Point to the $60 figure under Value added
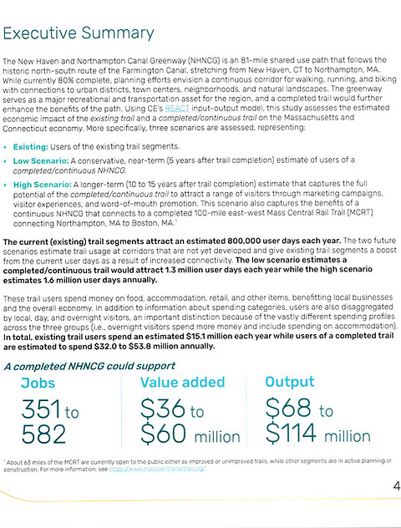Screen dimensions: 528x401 (165, 435)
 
